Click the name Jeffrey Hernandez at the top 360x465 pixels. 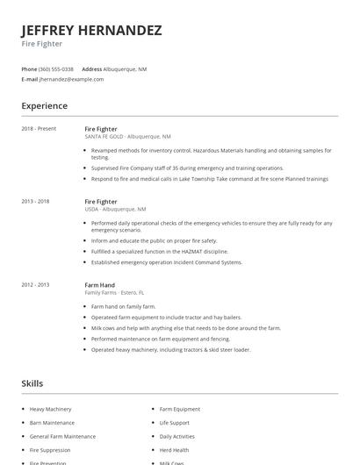[91, 30]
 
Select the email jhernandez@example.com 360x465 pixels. [71, 79]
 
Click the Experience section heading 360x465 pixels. [44, 106]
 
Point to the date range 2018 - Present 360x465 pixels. [39, 129]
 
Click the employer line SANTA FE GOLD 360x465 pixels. [127, 137]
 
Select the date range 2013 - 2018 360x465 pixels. [35, 201]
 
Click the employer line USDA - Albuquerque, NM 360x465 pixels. [115, 210]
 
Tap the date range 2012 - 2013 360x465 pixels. [35, 284]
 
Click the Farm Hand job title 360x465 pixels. [100, 284]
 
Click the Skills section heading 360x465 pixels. [32, 383]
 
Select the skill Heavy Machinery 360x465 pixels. [50, 409]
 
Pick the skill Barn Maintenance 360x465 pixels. [52, 423]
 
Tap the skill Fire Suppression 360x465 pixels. [51, 450]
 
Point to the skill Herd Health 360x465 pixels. [174, 450]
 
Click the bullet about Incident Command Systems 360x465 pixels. [166, 261]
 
